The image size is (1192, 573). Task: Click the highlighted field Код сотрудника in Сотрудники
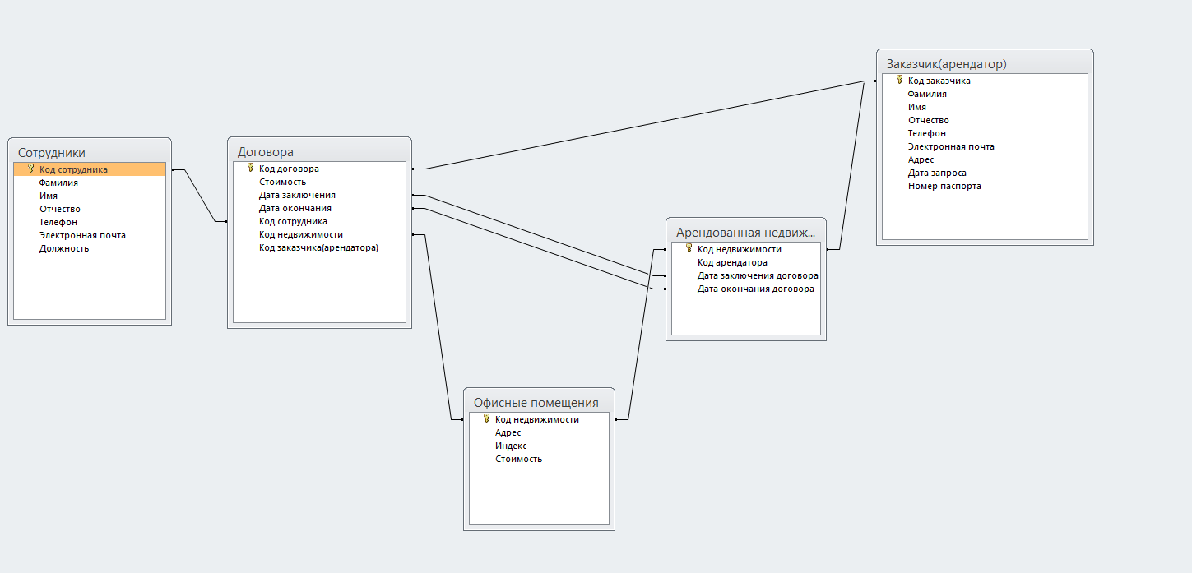point(73,169)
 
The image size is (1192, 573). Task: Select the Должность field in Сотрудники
point(64,248)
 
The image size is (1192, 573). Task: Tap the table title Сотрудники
point(52,153)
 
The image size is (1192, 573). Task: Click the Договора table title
point(266,151)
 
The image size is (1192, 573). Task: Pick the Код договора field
point(289,169)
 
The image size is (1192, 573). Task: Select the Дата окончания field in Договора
point(295,208)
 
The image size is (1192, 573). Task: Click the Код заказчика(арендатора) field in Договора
point(318,248)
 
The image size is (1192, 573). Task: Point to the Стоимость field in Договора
point(282,182)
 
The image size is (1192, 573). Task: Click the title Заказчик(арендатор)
point(947,64)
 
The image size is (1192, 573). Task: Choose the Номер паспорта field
point(944,187)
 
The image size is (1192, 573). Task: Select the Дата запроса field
point(937,173)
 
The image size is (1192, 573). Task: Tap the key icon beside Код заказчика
point(899,80)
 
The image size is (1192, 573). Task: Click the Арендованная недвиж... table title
point(745,233)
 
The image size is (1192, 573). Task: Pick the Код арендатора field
point(732,262)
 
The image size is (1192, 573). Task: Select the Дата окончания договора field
point(756,289)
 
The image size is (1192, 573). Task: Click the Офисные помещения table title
point(536,403)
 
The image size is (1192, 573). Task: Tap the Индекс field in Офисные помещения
point(511,446)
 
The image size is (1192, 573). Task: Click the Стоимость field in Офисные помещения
point(519,460)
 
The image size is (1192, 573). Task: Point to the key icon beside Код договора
point(251,168)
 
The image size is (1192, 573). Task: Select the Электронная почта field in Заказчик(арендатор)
point(951,147)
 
